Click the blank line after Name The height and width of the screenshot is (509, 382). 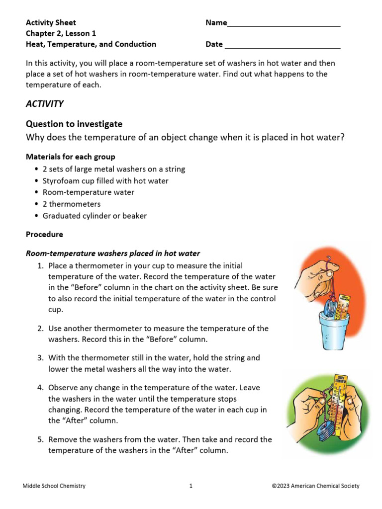coord(284,24)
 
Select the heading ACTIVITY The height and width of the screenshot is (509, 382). coord(44,104)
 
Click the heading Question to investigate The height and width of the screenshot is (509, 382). coord(74,124)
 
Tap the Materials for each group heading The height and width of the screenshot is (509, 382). coord(70,157)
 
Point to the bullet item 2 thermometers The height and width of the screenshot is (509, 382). coord(71,204)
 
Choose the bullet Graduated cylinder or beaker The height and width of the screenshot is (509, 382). coord(95,216)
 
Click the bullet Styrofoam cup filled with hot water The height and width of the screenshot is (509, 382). coord(105,181)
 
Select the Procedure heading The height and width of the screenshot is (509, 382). coord(44,234)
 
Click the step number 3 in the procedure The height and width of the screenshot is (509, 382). coord(40,358)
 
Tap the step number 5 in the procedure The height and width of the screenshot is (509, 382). coord(40,439)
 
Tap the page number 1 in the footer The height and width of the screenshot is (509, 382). coord(191,486)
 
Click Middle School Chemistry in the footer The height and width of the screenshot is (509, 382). coord(54,486)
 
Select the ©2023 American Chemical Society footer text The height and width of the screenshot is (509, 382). coord(315,486)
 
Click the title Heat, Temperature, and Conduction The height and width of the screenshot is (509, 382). coord(91,44)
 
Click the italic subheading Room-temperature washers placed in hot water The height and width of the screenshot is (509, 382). coord(112,254)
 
